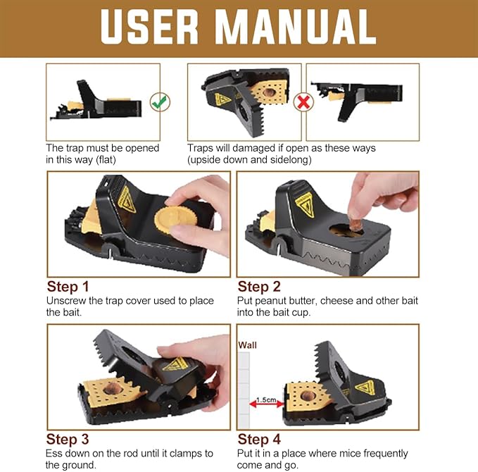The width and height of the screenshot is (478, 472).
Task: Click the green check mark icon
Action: [161, 102]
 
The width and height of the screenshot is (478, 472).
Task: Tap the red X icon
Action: [303, 102]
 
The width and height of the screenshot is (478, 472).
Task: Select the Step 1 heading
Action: [68, 287]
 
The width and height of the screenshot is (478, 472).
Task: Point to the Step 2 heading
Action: [259, 287]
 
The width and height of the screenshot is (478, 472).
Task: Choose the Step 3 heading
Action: [68, 440]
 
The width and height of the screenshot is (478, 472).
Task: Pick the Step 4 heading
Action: [259, 440]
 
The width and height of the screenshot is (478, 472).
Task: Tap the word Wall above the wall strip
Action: [247, 345]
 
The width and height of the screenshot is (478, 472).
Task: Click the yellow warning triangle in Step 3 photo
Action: [175, 364]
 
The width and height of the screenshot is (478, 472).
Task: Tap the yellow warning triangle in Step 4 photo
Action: [365, 387]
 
